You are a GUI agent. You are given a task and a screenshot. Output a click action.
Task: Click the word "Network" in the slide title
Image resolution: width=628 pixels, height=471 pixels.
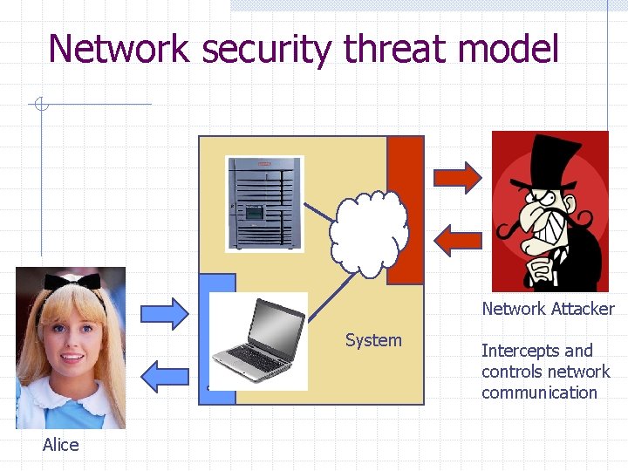coord(119,49)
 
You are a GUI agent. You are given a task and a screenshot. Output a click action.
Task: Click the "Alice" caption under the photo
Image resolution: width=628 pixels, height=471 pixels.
coord(60,445)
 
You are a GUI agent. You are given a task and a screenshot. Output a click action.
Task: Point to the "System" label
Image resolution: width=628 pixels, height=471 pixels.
coord(373,340)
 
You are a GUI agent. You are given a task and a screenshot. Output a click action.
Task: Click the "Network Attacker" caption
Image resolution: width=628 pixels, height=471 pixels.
coord(548,309)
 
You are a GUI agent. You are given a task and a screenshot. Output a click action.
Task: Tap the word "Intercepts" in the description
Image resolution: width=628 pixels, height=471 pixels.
coord(523,351)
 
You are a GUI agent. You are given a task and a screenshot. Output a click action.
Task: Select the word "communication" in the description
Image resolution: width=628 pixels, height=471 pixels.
coord(539,392)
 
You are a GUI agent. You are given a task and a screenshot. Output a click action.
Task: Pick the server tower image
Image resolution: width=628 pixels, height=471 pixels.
coord(264,202)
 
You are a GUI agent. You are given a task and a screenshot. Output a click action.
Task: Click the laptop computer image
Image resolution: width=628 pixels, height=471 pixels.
coord(259,341)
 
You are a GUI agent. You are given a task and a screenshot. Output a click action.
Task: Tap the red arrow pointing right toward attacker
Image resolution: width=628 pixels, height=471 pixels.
coord(457,177)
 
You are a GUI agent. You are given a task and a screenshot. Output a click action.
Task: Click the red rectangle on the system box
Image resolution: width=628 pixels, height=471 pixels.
coord(405,210)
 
